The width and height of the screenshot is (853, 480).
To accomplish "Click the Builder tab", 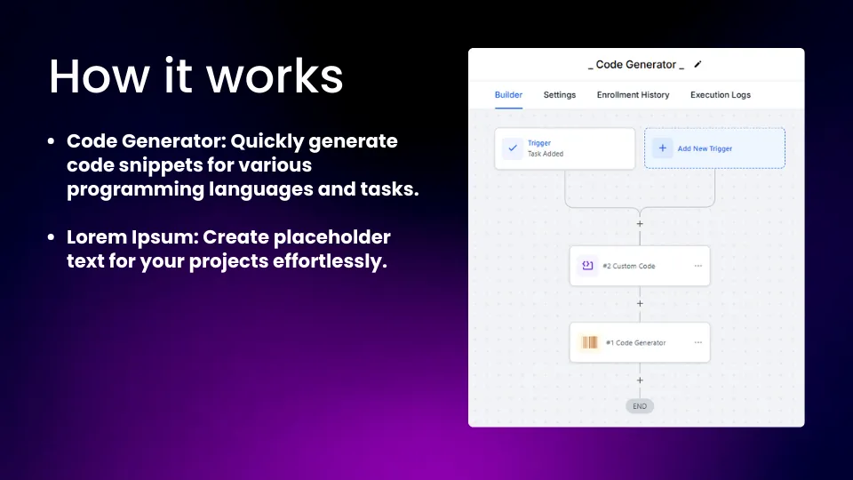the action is coord(508,95).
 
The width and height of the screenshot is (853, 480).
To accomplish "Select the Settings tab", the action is coord(559,95).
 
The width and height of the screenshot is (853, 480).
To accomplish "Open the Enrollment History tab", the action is coord(633,95).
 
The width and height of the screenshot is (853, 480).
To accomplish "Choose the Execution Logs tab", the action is coord(721,95).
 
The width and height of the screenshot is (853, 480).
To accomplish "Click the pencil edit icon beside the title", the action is coord(698,64).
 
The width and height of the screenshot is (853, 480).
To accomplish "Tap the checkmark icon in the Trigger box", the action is coord(513,148).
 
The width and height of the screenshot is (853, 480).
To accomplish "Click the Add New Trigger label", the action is coord(705,148).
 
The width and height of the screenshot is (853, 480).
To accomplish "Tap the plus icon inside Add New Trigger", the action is coord(663,148).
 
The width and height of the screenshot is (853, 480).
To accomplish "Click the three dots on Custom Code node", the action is coord(698,266).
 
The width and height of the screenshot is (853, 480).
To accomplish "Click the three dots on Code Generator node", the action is coord(698,343).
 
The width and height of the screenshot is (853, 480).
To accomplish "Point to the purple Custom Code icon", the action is coord(587,266).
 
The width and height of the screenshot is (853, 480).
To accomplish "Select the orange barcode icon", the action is coord(590,342).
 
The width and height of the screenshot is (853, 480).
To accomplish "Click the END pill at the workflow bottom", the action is coord(640,406).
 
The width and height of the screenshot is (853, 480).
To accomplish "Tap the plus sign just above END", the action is coord(640,380).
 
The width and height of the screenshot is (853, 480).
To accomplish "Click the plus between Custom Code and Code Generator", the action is coord(640,304).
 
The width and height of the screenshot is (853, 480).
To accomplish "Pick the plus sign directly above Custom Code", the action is coord(640,224).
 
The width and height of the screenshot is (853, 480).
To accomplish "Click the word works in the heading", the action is coord(275,76).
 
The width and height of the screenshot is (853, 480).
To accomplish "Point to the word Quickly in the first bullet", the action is coord(267,141).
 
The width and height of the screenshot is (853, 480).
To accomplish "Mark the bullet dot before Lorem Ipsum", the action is coord(52,236).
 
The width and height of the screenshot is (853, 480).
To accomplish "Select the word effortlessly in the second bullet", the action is coord(330,261).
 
